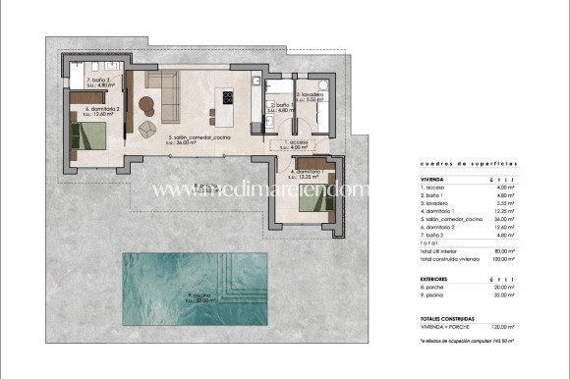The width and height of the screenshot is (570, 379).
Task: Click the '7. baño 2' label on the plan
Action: (96, 82)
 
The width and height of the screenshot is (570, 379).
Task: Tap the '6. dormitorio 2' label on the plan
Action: (102, 110)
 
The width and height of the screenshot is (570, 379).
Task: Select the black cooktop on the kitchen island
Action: (228, 97)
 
